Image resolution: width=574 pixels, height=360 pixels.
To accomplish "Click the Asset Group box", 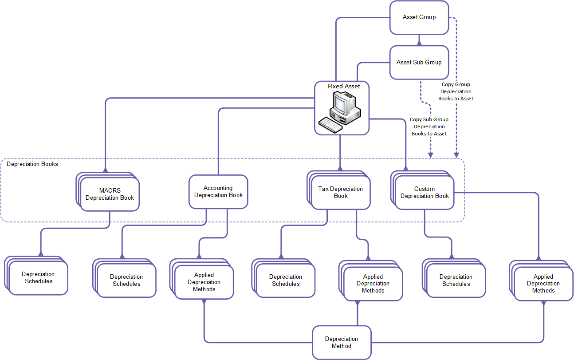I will (x=419, y=17).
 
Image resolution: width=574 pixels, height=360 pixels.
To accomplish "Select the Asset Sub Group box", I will (x=419, y=63).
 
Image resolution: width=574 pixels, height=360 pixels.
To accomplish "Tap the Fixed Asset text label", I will (x=344, y=86).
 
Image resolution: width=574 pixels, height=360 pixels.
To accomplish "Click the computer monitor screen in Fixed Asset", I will (x=340, y=105).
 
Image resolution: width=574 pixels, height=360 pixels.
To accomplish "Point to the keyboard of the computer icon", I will (x=330, y=124).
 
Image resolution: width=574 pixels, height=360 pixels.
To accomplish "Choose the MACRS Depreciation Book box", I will (x=110, y=194).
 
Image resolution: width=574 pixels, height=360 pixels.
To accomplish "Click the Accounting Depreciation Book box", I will (x=218, y=192).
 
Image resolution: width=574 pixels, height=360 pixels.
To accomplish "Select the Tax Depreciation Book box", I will (x=340, y=193).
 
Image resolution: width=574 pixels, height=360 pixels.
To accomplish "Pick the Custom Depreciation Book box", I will (x=425, y=193).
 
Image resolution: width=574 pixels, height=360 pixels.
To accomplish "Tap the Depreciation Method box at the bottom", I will (x=342, y=342).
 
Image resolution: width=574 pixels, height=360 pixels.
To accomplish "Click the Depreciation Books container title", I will (x=32, y=164).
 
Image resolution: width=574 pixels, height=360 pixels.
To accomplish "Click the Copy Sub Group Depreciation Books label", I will (x=429, y=127).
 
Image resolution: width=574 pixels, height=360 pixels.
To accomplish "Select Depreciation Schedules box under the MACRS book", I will (x=39, y=278).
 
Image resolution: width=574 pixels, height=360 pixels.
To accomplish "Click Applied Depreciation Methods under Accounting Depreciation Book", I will (x=204, y=282).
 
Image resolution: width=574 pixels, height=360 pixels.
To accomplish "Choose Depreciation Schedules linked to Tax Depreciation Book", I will (x=286, y=281).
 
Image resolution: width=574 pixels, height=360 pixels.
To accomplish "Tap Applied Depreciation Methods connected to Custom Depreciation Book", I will (x=543, y=284).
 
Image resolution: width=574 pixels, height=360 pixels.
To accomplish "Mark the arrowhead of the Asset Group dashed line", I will (x=456, y=155).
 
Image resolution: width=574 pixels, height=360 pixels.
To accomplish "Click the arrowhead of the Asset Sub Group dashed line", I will (x=430, y=155).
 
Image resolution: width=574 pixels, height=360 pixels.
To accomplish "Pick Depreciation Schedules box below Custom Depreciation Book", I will (x=456, y=281).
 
